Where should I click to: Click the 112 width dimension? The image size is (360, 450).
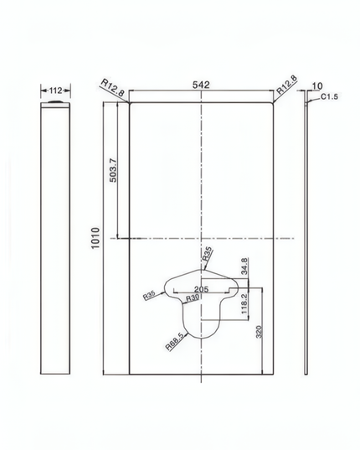55,91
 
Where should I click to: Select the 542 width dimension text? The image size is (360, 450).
201,85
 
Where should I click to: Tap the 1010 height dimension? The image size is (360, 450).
95,238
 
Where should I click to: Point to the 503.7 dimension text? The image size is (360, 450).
113,170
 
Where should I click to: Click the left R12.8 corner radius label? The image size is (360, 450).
112,87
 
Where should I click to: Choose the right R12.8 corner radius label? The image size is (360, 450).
286,85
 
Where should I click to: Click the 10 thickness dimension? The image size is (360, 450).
317,85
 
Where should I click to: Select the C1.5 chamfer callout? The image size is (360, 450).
329,96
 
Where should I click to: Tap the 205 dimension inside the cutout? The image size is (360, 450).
201,289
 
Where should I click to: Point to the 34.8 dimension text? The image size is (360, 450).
244,266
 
